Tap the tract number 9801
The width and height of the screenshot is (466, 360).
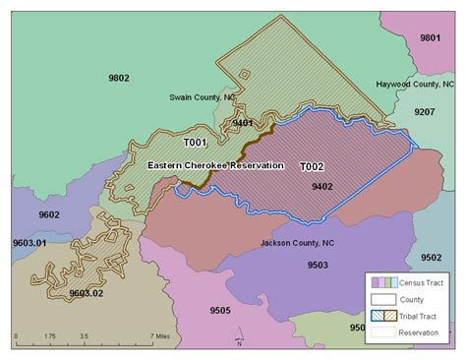point(430,37)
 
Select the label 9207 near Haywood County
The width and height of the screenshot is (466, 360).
point(424,113)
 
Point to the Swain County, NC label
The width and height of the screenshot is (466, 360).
point(203,98)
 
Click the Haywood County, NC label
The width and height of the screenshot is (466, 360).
point(416,85)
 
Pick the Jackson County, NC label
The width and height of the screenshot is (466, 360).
point(296,242)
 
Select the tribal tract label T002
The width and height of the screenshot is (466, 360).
point(312,166)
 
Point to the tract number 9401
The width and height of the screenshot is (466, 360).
point(243,122)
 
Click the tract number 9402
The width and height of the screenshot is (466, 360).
point(321,186)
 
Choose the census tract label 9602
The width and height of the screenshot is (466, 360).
point(48,214)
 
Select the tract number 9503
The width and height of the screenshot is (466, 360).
point(318,265)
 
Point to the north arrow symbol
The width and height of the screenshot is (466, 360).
point(239,339)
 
